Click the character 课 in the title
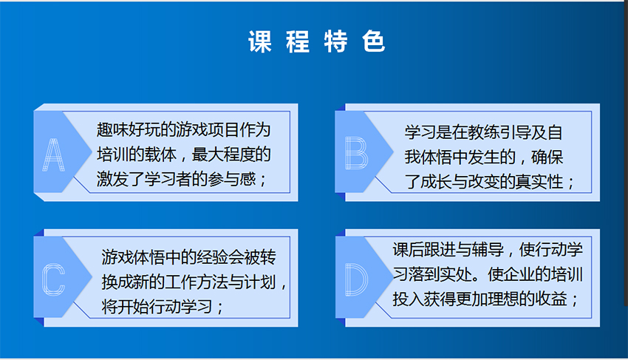[x=260, y=41]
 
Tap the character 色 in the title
[x=374, y=41]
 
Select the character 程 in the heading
[x=298, y=41]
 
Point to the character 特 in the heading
[x=335, y=41]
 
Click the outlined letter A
[x=53, y=154]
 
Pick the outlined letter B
[x=356, y=153]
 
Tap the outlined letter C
[x=53, y=279]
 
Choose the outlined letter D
[x=356, y=279]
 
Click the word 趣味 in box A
[x=112, y=130]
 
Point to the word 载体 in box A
[x=160, y=154]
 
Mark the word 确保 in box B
[x=547, y=157]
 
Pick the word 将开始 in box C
[x=125, y=307]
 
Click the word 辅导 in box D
[x=488, y=250]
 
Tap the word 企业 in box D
[x=519, y=274]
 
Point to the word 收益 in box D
[x=551, y=299]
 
